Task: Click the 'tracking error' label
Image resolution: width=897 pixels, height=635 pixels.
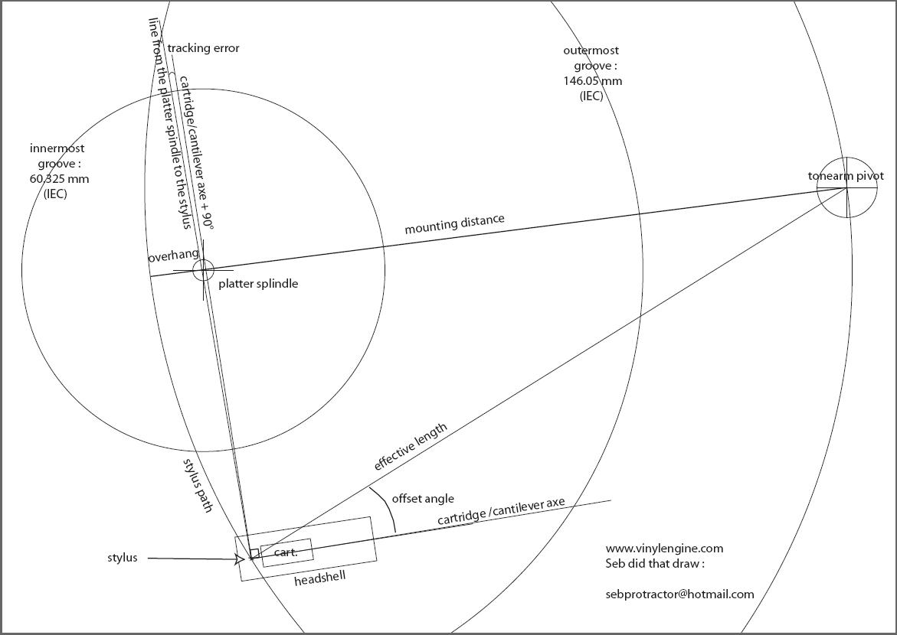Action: pos(203,49)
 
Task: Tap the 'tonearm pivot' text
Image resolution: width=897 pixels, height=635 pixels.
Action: pos(846,176)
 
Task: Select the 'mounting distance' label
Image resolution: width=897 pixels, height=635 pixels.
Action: pos(455,224)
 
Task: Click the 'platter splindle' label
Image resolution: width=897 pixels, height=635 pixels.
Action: pos(258,284)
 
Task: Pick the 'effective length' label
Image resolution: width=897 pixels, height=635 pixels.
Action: pos(410,447)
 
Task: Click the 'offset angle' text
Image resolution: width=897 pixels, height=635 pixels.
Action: pos(423,498)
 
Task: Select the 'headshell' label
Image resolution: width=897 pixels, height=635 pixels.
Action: pos(319,578)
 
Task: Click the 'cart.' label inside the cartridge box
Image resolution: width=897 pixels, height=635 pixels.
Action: pos(286,552)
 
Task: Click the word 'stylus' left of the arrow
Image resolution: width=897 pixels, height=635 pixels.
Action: pos(123,558)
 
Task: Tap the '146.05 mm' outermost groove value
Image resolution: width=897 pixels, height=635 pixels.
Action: pos(593,80)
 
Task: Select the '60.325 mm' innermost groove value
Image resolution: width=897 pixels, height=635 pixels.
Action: pos(60,179)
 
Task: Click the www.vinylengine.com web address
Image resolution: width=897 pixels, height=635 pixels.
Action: pos(664,549)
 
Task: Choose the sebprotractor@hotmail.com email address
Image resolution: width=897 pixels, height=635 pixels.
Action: pos(679,594)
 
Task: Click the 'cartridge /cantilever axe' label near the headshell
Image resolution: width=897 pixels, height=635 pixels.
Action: pos(501,511)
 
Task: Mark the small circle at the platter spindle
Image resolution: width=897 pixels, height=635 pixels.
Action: pos(203,270)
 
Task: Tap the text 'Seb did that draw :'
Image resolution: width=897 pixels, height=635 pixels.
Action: pos(655,564)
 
